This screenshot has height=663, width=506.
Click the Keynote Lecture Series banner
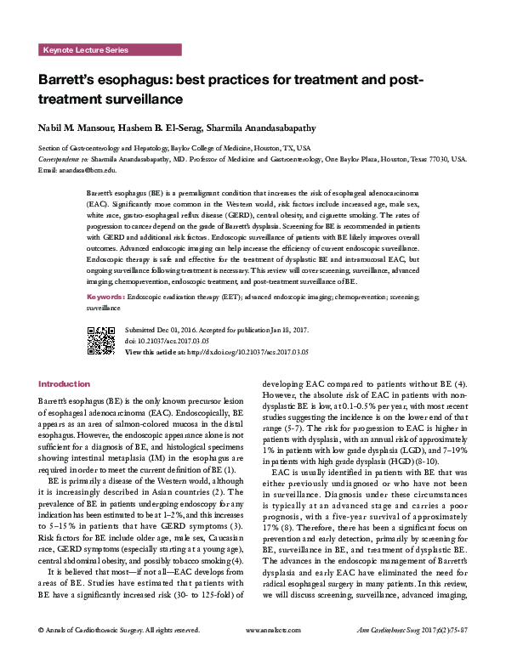pyautogui.click(x=85, y=50)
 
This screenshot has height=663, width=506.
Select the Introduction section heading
pyautogui.click(x=64, y=384)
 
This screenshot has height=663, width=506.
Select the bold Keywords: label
pyautogui.click(x=105, y=297)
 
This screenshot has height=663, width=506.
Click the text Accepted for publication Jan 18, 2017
pyautogui.click(x=253, y=328)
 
